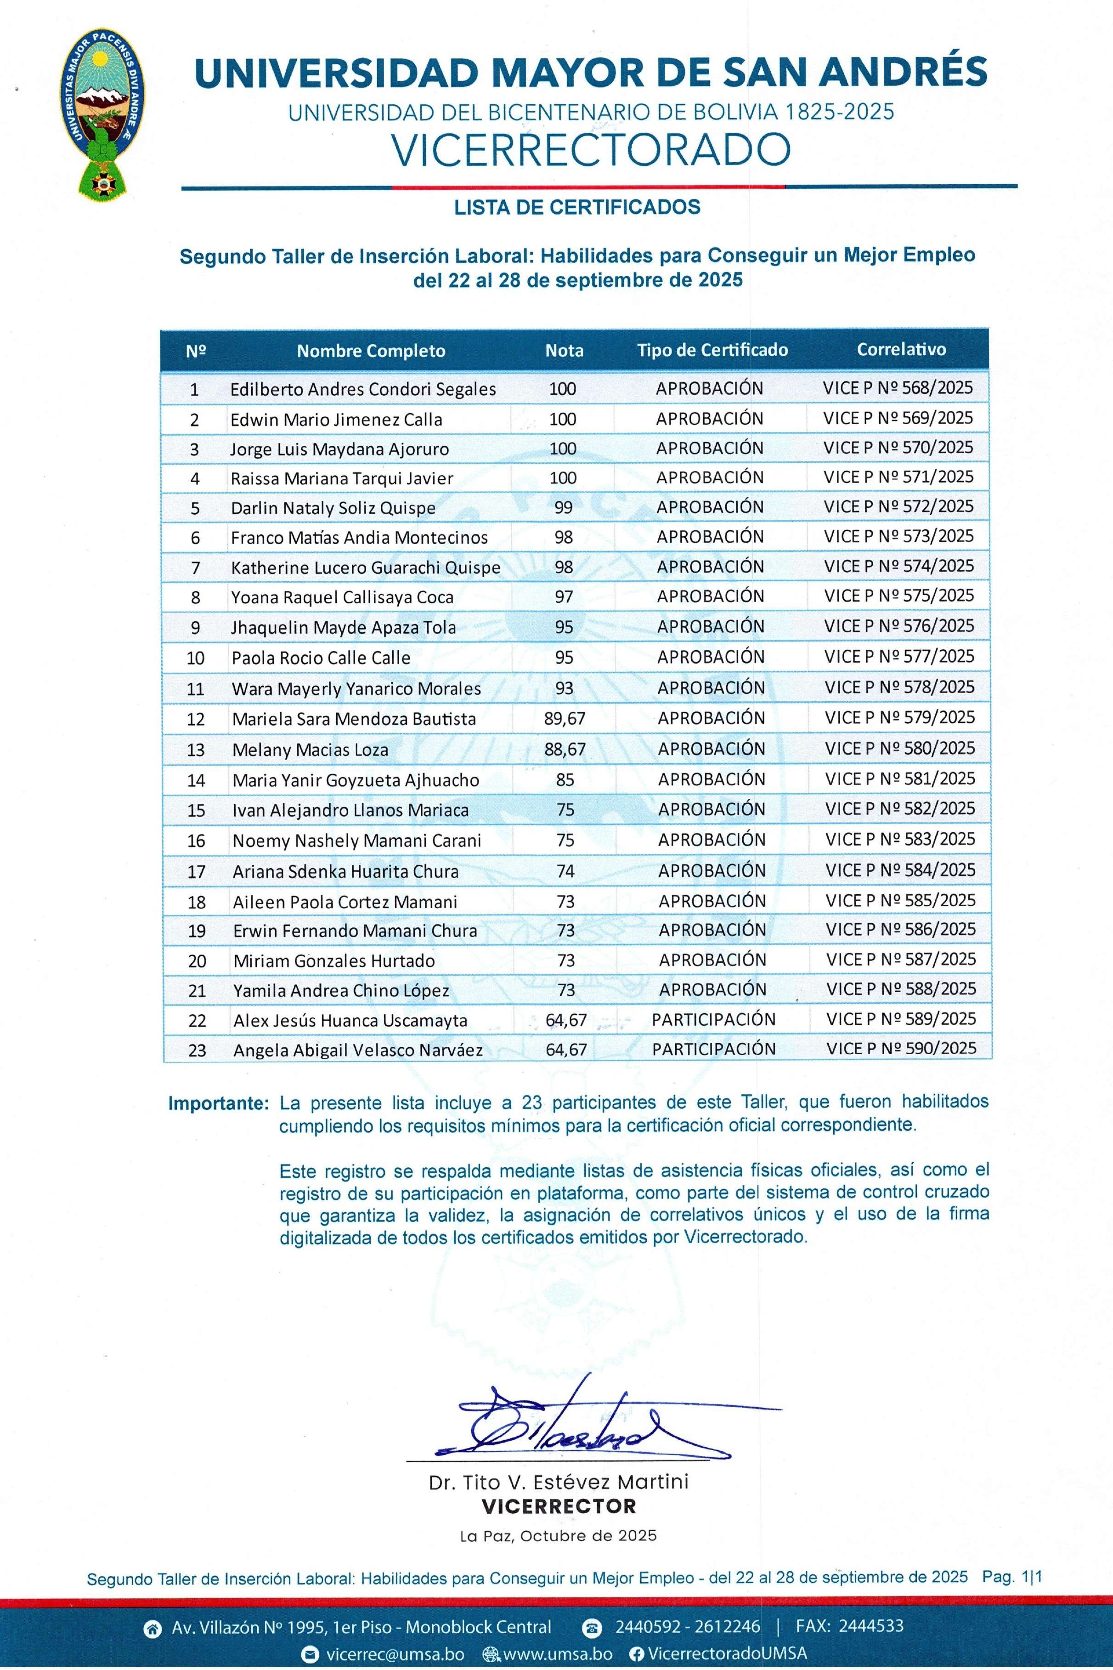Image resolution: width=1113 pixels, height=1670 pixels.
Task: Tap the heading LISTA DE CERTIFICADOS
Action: click(577, 207)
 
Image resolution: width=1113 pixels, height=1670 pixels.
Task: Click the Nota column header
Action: click(564, 350)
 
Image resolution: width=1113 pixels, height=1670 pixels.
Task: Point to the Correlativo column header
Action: click(901, 349)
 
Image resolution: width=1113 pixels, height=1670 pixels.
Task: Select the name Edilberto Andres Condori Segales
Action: click(363, 389)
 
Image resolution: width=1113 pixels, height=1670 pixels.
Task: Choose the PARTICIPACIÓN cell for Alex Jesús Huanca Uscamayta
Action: click(713, 1020)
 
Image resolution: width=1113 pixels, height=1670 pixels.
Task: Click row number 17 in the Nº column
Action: click(196, 871)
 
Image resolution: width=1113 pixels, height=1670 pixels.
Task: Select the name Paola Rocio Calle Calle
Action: click(321, 658)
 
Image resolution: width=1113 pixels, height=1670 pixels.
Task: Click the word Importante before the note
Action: click(218, 1104)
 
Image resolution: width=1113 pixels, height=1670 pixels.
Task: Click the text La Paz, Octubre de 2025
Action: click(558, 1535)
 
